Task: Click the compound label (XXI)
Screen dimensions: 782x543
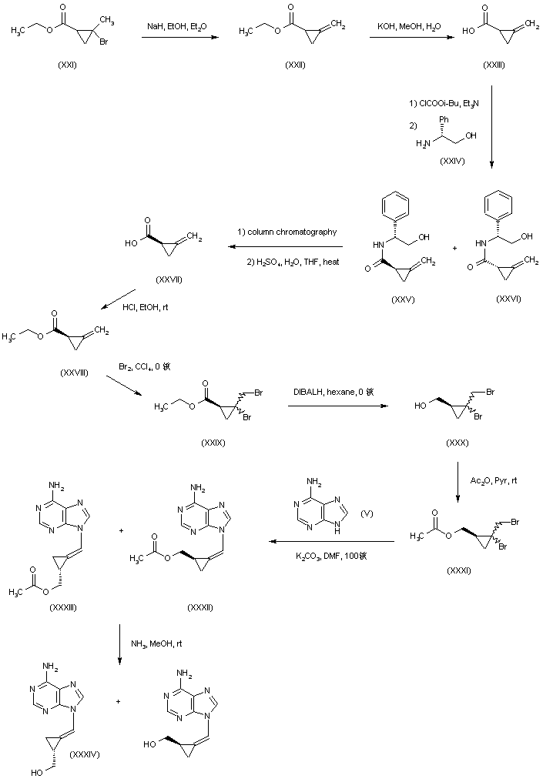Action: click(68, 65)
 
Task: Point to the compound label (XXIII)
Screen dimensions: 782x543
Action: click(494, 65)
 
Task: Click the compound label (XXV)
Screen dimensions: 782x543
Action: click(402, 299)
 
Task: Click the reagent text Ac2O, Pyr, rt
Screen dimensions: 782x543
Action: click(492, 480)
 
